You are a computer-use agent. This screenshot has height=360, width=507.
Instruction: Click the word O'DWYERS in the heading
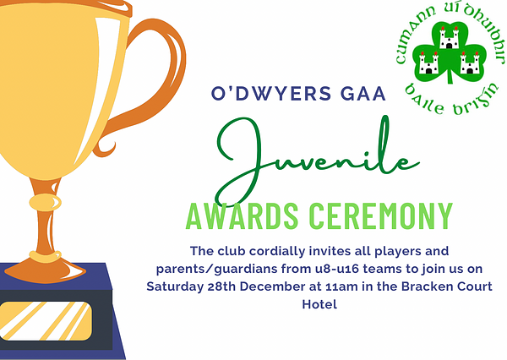pyautogui.click(x=271, y=94)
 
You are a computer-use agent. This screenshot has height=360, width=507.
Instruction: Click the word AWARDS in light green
pyautogui.click(x=243, y=215)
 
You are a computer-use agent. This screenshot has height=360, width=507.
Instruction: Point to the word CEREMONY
pyautogui.click(x=380, y=215)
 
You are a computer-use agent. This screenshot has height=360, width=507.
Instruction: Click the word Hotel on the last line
pyautogui.click(x=319, y=304)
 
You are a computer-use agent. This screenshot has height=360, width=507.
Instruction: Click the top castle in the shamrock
pyautogui.click(x=449, y=38)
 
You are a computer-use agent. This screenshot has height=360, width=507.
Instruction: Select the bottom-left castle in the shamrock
pyautogui.click(x=428, y=63)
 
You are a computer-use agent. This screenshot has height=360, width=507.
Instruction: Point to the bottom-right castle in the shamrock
pyautogui.click(x=470, y=63)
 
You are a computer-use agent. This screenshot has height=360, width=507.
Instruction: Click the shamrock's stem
pyautogui.click(x=450, y=76)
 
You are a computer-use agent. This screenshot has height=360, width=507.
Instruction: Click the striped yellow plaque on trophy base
pyautogui.click(x=46, y=321)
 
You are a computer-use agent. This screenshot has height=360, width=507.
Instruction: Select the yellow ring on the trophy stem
pyautogui.click(x=45, y=203)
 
